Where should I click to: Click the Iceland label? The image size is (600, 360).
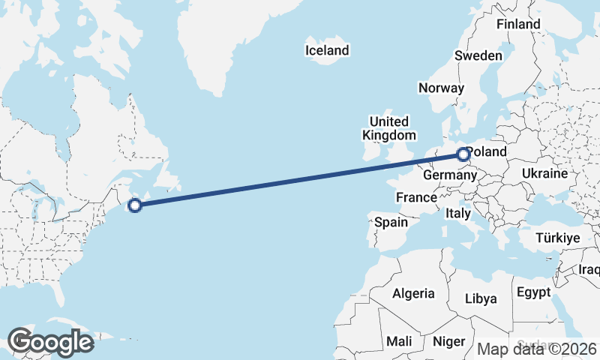point(327,50)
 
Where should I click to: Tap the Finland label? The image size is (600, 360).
point(518,24)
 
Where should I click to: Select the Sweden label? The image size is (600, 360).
point(478,55)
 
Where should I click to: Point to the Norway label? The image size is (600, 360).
point(441,88)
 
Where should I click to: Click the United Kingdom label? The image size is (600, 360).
point(388,128)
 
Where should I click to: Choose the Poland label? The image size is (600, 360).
point(487,152)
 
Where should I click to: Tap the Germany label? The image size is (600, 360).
point(449,175)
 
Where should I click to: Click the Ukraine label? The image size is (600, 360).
point(544,173)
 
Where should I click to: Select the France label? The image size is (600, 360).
point(416,197)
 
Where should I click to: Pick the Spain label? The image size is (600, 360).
point(391,222)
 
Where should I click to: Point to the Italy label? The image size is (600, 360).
point(458,213)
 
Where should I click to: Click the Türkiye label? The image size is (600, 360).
point(558,238)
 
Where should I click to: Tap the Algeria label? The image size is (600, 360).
point(414,293)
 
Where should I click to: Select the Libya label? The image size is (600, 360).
point(481,298)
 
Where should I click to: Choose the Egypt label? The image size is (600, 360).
point(533,292)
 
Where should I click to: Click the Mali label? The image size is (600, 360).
point(399,341)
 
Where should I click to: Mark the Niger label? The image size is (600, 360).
point(450,341)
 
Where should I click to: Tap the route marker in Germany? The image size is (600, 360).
point(463,155)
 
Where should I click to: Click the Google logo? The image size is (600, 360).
point(50,342)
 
